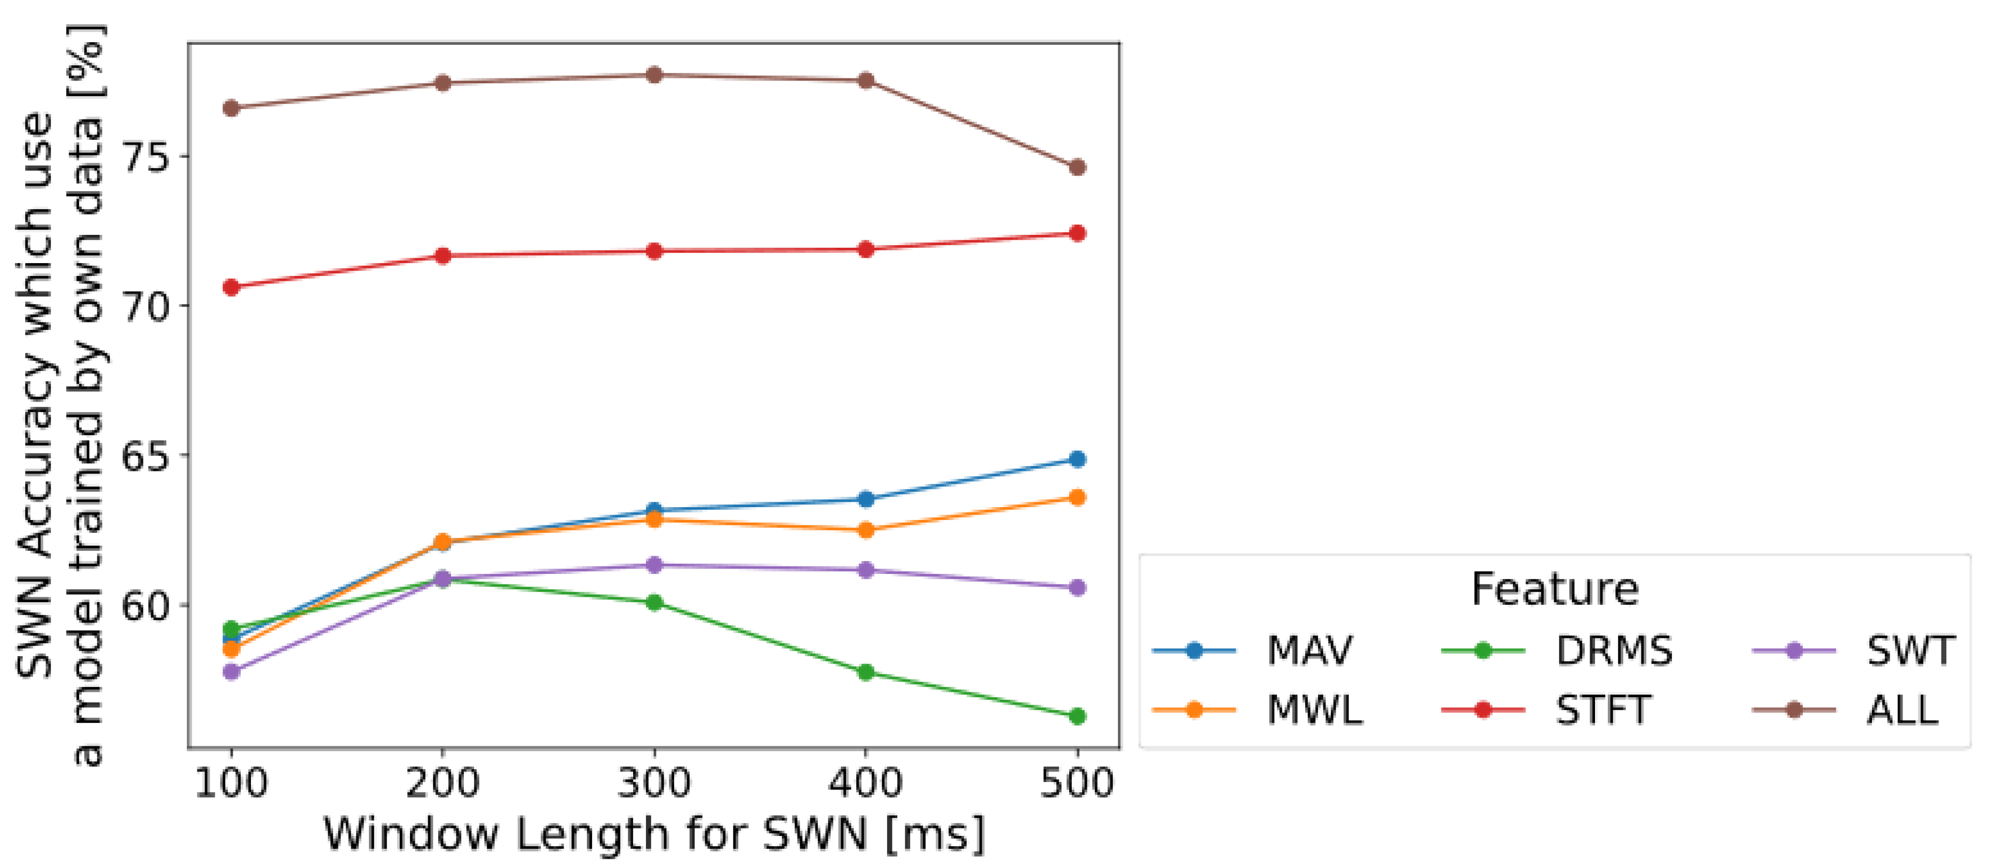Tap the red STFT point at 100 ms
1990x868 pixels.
[x=231, y=287]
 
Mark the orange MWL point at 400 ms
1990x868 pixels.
[x=866, y=530]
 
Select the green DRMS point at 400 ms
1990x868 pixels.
[x=866, y=673]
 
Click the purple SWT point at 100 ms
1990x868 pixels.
[x=231, y=672]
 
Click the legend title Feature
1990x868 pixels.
[x=1554, y=589]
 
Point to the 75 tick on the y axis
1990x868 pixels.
[x=146, y=157]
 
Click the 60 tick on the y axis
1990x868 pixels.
[x=146, y=605]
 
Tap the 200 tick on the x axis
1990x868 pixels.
[x=442, y=783]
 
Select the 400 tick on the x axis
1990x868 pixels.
[x=866, y=783]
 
